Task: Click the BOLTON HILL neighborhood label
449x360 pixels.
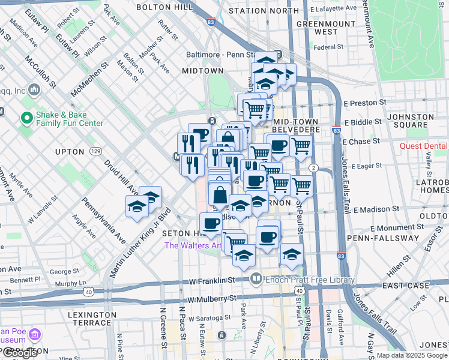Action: (x=164, y=7)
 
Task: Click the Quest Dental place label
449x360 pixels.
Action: (x=424, y=146)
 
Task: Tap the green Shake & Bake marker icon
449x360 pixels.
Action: (x=26, y=118)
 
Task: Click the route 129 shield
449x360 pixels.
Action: (x=95, y=152)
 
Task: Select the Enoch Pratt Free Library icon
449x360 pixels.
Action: (x=256, y=278)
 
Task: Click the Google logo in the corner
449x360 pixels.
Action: (x=20, y=353)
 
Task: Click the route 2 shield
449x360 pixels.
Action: (x=313, y=167)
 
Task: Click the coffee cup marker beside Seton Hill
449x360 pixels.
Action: (x=210, y=224)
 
